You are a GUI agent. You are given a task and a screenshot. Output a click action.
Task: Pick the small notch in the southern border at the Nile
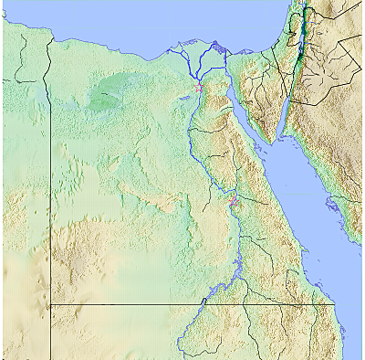[x=202, y=301]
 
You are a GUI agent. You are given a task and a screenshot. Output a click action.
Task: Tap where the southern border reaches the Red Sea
[x=335, y=303]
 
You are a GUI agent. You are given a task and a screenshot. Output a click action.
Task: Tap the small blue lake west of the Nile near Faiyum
[x=182, y=97]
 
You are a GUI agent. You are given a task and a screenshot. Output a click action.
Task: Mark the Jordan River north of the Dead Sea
[x=306, y=23]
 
